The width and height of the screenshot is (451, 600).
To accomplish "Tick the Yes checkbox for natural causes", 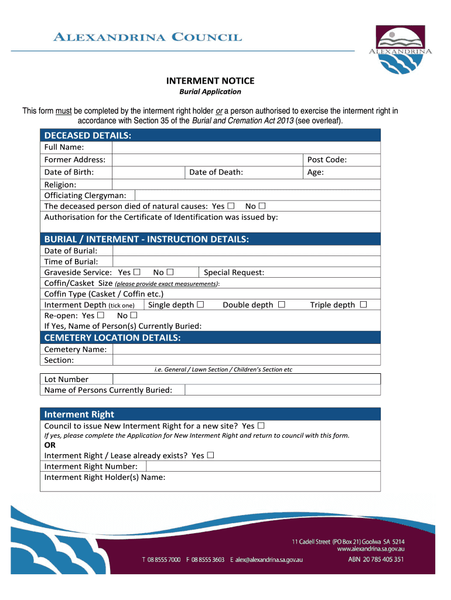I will click(x=231, y=206).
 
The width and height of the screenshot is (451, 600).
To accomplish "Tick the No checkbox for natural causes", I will click(x=262, y=206).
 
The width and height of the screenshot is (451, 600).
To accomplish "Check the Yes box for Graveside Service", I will click(x=136, y=272).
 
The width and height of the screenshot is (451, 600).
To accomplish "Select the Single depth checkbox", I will click(x=200, y=305).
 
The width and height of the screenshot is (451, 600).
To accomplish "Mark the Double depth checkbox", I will click(x=282, y=305).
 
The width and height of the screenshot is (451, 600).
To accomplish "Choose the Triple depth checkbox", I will click(x=363, y=305).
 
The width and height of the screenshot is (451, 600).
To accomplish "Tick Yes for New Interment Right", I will click(x=261, y=426).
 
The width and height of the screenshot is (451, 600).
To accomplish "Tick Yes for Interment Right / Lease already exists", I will click(x=210, y=455).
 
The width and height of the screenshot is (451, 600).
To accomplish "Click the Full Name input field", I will click(x=246, y=147).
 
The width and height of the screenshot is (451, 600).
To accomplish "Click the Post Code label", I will click(x=327, y=160).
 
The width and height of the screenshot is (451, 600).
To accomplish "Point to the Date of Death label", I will click(x=216, y=172).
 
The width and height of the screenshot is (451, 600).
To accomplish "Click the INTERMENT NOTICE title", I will click(x=210, y=81).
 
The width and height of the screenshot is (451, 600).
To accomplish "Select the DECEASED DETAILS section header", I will click(x=88, y=136).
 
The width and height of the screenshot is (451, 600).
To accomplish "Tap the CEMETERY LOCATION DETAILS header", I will click(x=112, y=337).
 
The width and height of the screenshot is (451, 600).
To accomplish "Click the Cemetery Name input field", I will click(x=246, y=349).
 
